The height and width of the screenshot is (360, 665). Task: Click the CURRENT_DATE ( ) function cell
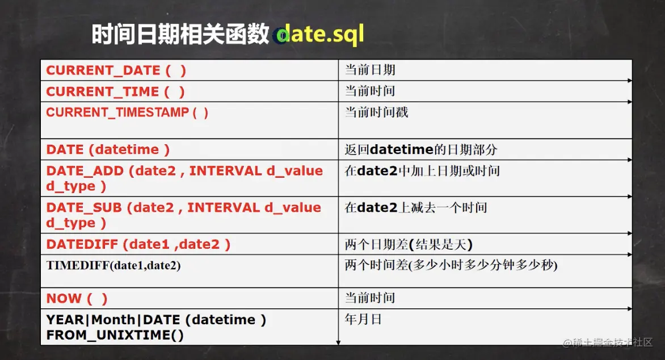coord(116,70)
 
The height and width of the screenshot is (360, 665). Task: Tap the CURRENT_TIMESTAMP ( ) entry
coord(127,112)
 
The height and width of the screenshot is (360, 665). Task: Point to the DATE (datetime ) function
coord(108,150)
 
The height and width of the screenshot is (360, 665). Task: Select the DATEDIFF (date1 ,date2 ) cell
coord(138,245)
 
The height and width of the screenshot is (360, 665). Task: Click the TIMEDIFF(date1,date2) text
coord(113,265)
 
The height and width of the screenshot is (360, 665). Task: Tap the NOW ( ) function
coord(77,298)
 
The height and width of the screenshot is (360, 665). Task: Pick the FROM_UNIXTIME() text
coord(115,335)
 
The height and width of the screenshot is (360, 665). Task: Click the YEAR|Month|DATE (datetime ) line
coord(156,320)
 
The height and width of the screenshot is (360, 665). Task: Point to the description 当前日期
coord(370,70)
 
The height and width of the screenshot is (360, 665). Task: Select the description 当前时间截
coord(376,112)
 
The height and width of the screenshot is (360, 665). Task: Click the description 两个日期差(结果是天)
coord(409,245)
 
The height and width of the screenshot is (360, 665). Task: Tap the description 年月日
coord(363,319)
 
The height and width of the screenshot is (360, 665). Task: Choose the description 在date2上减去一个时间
coord(415,208)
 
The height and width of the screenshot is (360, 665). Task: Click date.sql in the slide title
coord(321,34)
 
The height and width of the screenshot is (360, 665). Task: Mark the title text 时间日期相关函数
coord(180,35)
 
